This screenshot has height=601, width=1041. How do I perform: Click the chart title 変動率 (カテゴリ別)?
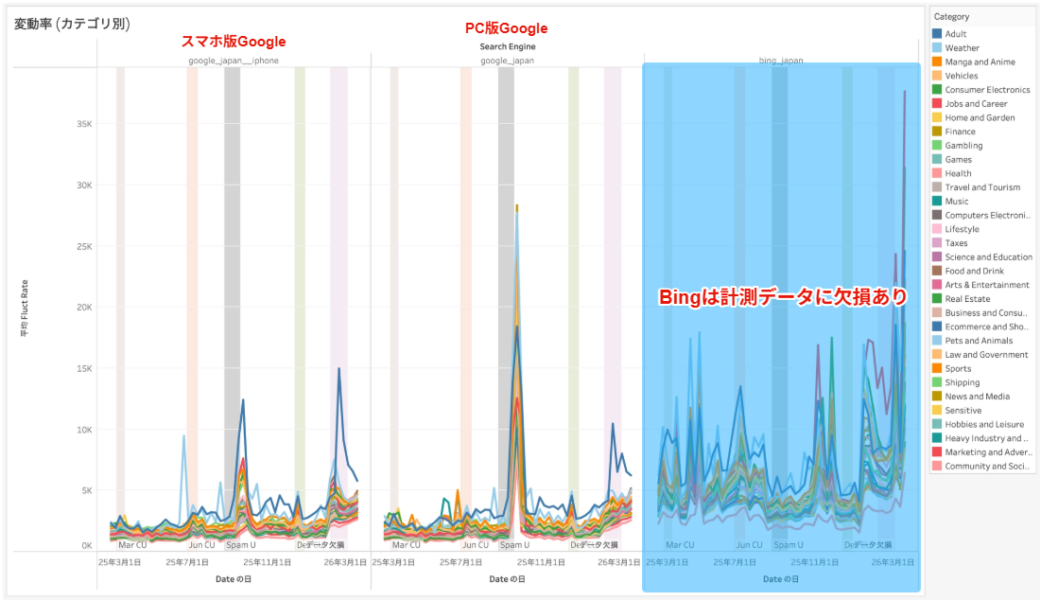pyautogui.click(x=72, y=24)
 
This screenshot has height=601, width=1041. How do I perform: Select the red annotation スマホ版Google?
pyautogui.click(x=233, y=42)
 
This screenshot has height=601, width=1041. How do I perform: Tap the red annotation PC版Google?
pyautogui.click(x=507, y=28)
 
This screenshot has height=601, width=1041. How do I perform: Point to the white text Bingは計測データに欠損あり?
pyautogui.click(x=782, y=296)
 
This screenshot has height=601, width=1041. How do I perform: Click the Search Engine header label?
pyautogui.click(x=507, y=46)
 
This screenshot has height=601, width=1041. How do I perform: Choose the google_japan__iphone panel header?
pyautogui.click(x=233, y=61)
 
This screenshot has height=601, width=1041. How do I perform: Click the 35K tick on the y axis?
pyautogui.click(x=84, y=124)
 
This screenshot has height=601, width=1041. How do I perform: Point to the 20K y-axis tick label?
pyautogui.click(x=84, y=308)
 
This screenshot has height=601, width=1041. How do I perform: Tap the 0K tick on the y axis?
pyautogui.click(x=87, y=546)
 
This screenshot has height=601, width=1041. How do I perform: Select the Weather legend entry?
pyautogui.click(x=962, y=48)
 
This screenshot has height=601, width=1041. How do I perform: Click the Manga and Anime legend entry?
pyautogui.click(x=980, y=62)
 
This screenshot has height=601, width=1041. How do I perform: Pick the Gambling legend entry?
pyautogui.click(x=963, y=146)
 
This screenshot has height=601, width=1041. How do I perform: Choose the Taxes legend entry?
pyautogui.click(x=956, y=243)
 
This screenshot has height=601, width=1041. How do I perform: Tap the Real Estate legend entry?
pyautogui.click(x=967, y=299)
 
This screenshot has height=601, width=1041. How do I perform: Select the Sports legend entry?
pyautogui.click(x=958, y=368)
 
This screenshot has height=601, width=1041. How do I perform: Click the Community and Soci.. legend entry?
pyautogui.click(x=985, y=466)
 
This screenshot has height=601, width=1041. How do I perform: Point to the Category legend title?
pyautogui.click(x=951, y=17)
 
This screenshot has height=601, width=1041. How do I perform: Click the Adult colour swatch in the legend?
pyautogui.click(x=936, y=34)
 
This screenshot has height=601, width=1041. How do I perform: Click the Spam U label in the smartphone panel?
pyautogui.click(x=240, y=545)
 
